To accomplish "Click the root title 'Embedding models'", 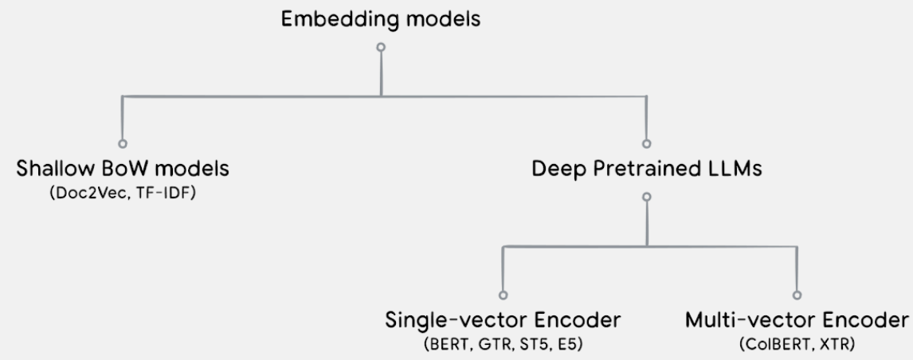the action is tap(381, 19).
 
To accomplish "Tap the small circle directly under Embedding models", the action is tap(381, 47).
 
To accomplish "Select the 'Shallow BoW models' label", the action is tap(122, 169).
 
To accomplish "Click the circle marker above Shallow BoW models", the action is tap(122, 144).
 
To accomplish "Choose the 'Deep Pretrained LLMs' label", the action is tap(647, 169).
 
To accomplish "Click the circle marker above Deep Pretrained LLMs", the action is tap(646, 144).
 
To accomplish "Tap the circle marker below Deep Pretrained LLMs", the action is tap(646, 198).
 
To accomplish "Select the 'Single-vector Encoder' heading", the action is tap(503, 320).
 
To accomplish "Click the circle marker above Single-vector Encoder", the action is tap(503, 295).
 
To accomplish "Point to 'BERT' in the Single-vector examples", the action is tap(449, 345).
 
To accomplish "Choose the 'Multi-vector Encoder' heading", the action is tap(797, 320).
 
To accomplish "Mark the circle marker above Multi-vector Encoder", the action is tap(797, 295).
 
